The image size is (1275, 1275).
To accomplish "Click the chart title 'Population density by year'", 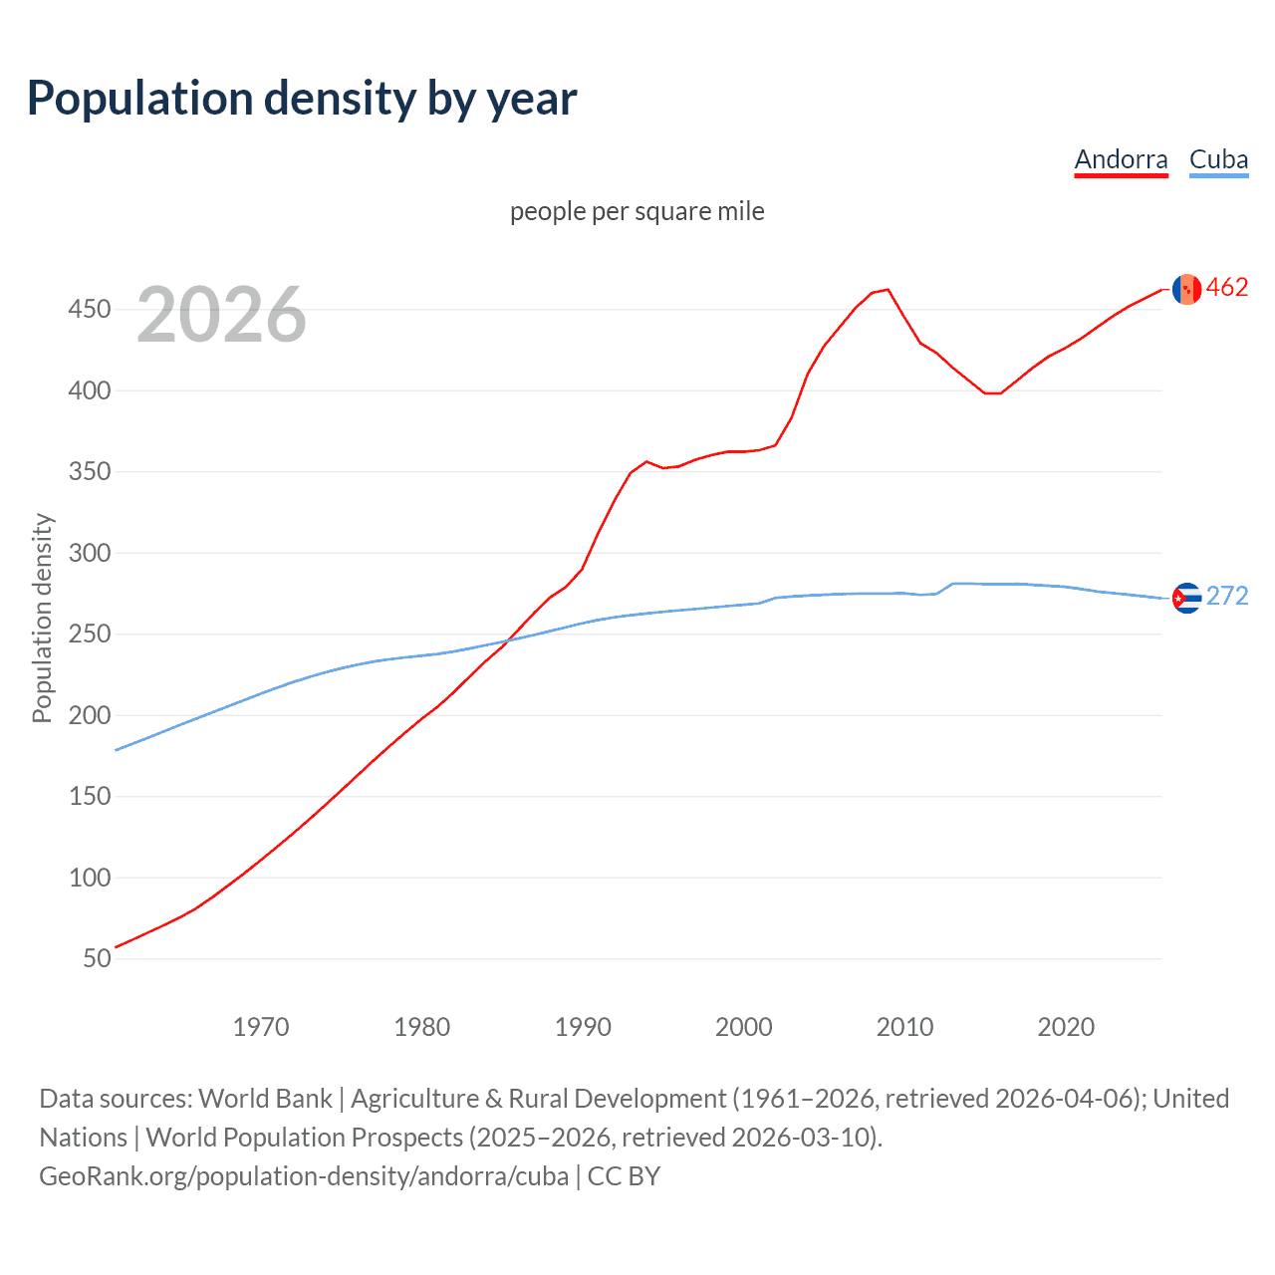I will [302, 99].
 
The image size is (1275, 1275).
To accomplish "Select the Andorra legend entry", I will [1121, 159].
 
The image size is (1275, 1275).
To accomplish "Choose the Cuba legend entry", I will [1218, 159].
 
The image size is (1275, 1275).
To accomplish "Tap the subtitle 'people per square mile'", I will [637, 211].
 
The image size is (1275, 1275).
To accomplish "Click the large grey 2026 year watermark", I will [221, 315].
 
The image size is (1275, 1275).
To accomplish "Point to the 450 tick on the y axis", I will [89, 310].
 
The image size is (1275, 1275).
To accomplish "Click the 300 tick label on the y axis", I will [89, 553].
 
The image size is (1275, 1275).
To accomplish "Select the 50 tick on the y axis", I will [97, 958].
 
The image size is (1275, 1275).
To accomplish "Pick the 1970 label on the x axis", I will [261, 1027].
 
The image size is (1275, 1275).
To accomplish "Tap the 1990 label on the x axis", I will [583, 1027].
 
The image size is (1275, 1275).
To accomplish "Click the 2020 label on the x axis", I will [1066, 1027].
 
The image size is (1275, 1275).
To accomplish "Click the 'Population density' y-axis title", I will [42, 618].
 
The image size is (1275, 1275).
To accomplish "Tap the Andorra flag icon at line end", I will [1186, 289].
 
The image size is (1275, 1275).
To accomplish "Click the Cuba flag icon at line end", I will [1186, 598].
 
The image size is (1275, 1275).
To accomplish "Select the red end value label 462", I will [1227, 288].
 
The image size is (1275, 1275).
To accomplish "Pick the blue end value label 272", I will [1227, 596].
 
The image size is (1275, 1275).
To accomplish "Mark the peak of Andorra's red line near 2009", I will [888, 290].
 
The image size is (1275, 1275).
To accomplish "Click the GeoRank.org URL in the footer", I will [304, 1176].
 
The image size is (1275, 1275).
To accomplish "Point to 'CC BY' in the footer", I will [624, 1176].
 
